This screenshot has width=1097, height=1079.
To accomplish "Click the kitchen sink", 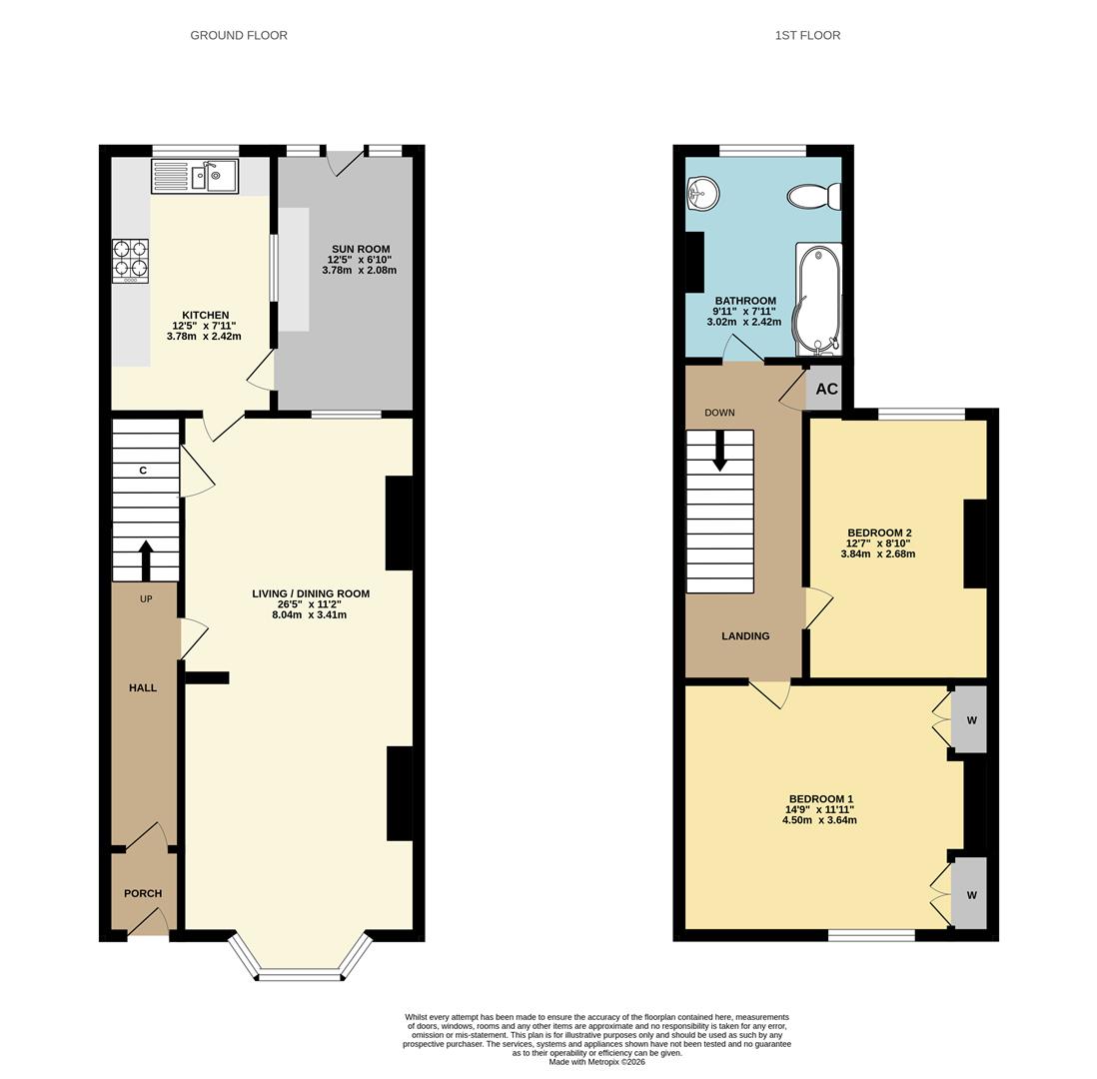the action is (195, 176).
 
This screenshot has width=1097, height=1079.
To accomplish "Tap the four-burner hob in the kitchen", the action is (131, 261).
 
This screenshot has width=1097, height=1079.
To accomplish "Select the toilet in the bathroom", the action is (814, 196).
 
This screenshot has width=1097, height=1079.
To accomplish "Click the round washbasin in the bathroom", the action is (702, 193).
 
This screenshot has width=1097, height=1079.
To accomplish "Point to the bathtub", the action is (818, 300).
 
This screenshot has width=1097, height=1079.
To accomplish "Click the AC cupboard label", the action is (827, 389).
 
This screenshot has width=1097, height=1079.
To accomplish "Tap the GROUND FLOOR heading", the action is (239, 35).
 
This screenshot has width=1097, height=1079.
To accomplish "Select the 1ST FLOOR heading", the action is (807, 35).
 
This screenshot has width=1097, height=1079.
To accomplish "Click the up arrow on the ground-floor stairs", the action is (146, 559).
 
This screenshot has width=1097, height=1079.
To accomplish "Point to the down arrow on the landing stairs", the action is (719, 451).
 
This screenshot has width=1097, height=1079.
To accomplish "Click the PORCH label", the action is (143, 893).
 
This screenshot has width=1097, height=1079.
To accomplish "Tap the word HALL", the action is (143, 687).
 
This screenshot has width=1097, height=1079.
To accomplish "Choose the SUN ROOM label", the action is (361, 249).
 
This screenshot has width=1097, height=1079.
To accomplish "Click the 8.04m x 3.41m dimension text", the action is (310, 615).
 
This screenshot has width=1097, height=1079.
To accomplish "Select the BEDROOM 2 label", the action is (879, 533).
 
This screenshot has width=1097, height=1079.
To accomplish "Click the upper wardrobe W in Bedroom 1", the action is (972, 720).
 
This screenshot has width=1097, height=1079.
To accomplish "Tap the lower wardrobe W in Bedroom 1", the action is (972, 895).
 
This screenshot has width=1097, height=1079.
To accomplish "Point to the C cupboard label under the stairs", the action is (143, 471).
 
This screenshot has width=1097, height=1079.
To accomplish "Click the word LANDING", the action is (745, 636).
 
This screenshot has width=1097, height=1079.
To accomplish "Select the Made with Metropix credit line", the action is (596, 1062).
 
